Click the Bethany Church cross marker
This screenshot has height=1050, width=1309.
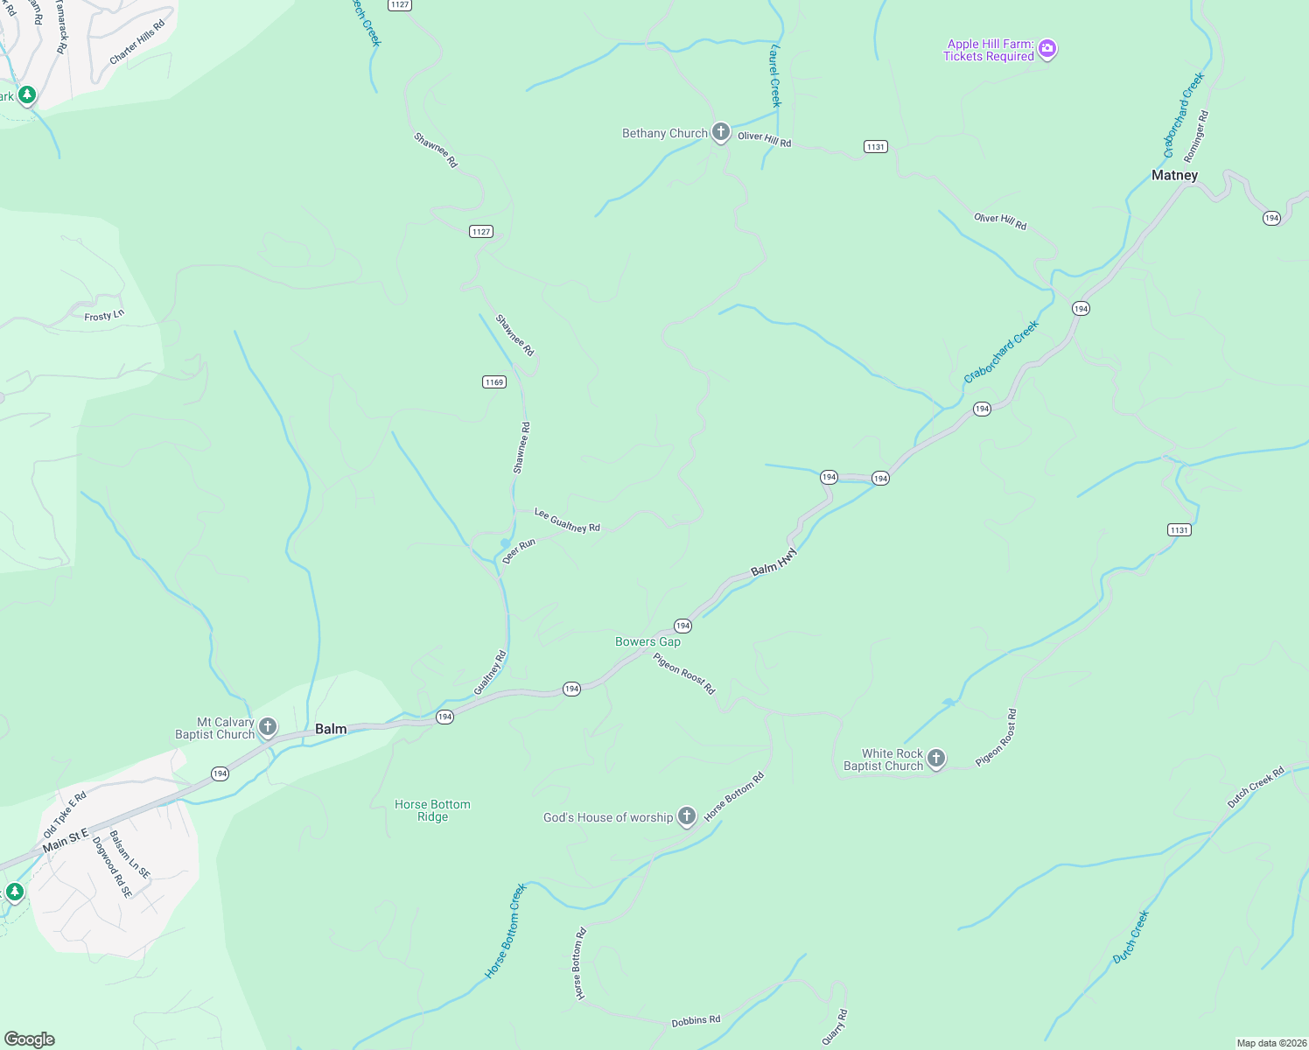(x=721, y=133)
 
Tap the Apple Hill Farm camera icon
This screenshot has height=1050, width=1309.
(x=1047, y=50)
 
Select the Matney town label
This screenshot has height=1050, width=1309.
(x=1174, y=175)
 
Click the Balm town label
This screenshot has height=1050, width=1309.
(x=331, y=729)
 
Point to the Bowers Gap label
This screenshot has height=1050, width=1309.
(x=647, y=641)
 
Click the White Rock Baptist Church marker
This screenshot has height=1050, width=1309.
(x=936, y=759)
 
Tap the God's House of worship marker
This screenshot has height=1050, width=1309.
(x=687, y=817)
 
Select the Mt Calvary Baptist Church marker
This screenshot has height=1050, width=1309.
(x=268, y=727)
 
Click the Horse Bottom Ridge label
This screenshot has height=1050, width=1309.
(x=432, y=810)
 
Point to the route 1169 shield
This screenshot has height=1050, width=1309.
(x=494, y=381)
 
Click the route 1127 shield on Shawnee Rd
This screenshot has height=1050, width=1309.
(x=481, y=231)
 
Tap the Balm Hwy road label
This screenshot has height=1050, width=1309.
(x=774, y=562)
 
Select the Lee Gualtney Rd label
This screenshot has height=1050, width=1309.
(x=567, y=521)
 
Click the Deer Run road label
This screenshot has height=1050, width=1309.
(x=519, y=551)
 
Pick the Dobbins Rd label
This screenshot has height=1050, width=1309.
(x=696, y=1021)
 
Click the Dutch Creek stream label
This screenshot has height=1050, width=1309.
(x=1130, y=937)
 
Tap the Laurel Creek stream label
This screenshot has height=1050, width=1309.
(x=774, y=76)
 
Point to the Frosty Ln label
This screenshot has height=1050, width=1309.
(x=104, y=316)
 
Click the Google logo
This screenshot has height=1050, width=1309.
(x=30, y=1039)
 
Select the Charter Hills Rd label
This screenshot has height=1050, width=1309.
(x=136, y=43)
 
